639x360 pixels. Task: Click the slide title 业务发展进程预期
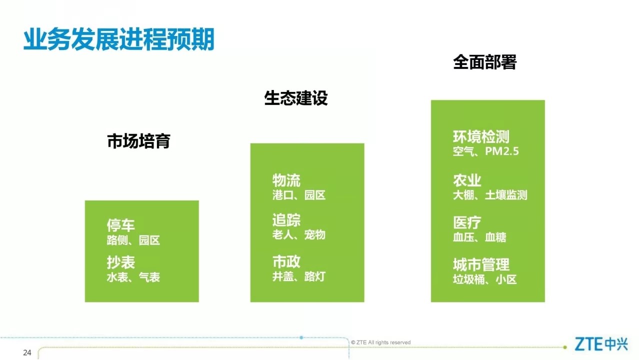[x=118, y=39]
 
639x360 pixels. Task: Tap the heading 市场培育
[x=138, y=141]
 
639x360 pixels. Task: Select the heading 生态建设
[x=296, y=98]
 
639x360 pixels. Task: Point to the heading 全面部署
[x=484, y=62]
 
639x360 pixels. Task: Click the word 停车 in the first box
[x=120, y=225]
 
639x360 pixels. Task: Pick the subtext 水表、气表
[x=133, y=277]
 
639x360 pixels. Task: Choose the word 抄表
[x=120, y=262]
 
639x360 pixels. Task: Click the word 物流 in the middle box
[x=286, y=180]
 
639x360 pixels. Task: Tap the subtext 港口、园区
[x=298, y=195]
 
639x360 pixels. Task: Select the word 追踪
[x=286, y=220]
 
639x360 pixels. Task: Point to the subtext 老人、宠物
[x=298, y=235]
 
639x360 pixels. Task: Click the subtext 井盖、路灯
[x=298, y=276]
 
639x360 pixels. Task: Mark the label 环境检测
[x=481, y=136]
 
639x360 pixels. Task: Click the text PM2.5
[x=502, y=151]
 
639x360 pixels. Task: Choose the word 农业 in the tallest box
[x=467, y=180]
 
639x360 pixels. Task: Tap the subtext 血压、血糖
[x=479, y=237]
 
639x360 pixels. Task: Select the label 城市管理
[x=481, y=264]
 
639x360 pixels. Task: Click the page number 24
[x=27, y=353]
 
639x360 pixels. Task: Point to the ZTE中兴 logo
[x=601, y=344]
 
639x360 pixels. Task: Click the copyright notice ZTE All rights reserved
[x=380, y=342]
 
